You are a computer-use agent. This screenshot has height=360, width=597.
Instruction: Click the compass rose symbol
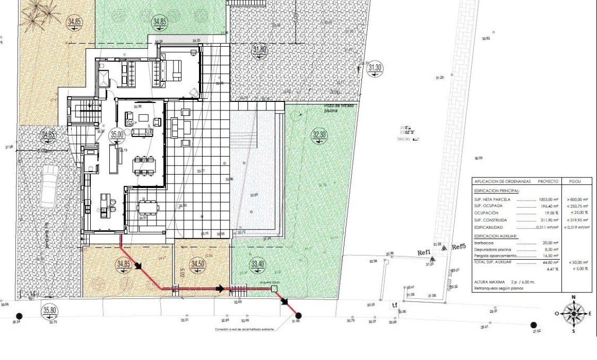tap(573, 313)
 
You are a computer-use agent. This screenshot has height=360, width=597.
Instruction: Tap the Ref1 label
tap(425, 253)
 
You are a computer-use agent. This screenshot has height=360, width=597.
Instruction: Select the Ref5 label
tap(458, 247)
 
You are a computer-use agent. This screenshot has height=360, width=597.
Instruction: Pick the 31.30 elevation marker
tap(375, 67)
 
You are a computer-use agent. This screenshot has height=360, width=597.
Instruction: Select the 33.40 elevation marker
tap(257, 264)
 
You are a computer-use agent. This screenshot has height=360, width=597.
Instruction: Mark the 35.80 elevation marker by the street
tap(50, 311)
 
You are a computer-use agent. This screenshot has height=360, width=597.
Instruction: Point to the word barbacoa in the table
tap(483, 242)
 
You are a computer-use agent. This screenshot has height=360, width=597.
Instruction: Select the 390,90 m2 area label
tap(409, 140)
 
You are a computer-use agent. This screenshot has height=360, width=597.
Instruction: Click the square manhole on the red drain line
tap(274, 289)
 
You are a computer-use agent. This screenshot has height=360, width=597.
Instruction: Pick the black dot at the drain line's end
tap(298, 315)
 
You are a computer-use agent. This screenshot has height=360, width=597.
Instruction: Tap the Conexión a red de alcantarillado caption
tap(245, 329)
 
